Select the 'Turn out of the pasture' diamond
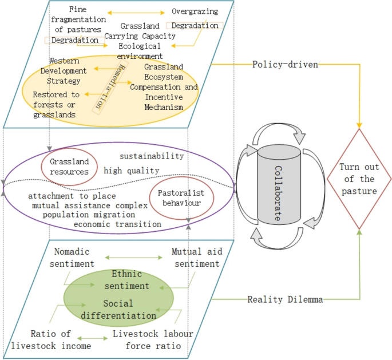tap(359, 178)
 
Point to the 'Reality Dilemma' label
tap(278, 299)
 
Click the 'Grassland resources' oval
tap(69, 167)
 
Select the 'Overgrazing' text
tap(192, 11)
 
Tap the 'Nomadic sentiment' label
tap(74, 258)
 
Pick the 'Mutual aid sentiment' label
tap(195, 258)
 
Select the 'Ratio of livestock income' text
tap(51, 339)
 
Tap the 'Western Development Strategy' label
tap(68, 70)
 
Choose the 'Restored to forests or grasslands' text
tap(56, 104)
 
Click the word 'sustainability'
tap(152, 156)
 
